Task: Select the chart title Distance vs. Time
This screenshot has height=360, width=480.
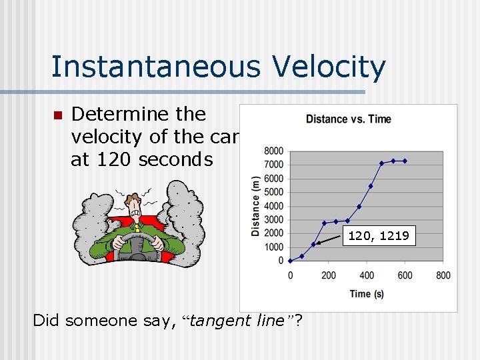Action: tap(348, 119)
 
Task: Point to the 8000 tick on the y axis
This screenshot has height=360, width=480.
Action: tap(274, 151)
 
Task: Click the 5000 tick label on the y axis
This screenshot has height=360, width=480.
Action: tap(274, 193)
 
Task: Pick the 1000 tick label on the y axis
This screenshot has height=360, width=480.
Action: tap(274, 247)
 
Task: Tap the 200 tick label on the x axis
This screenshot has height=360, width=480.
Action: tap(328, 275)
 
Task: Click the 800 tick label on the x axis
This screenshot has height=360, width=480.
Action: tap(443, 275)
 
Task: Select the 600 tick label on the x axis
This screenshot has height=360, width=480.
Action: tap(405, 275)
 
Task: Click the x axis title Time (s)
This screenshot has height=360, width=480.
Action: tap(367, 293)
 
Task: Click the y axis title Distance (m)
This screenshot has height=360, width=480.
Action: tap(255, 206)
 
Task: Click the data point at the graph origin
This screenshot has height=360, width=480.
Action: tap(290, 261)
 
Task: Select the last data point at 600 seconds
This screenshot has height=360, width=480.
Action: tap(405, 161)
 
